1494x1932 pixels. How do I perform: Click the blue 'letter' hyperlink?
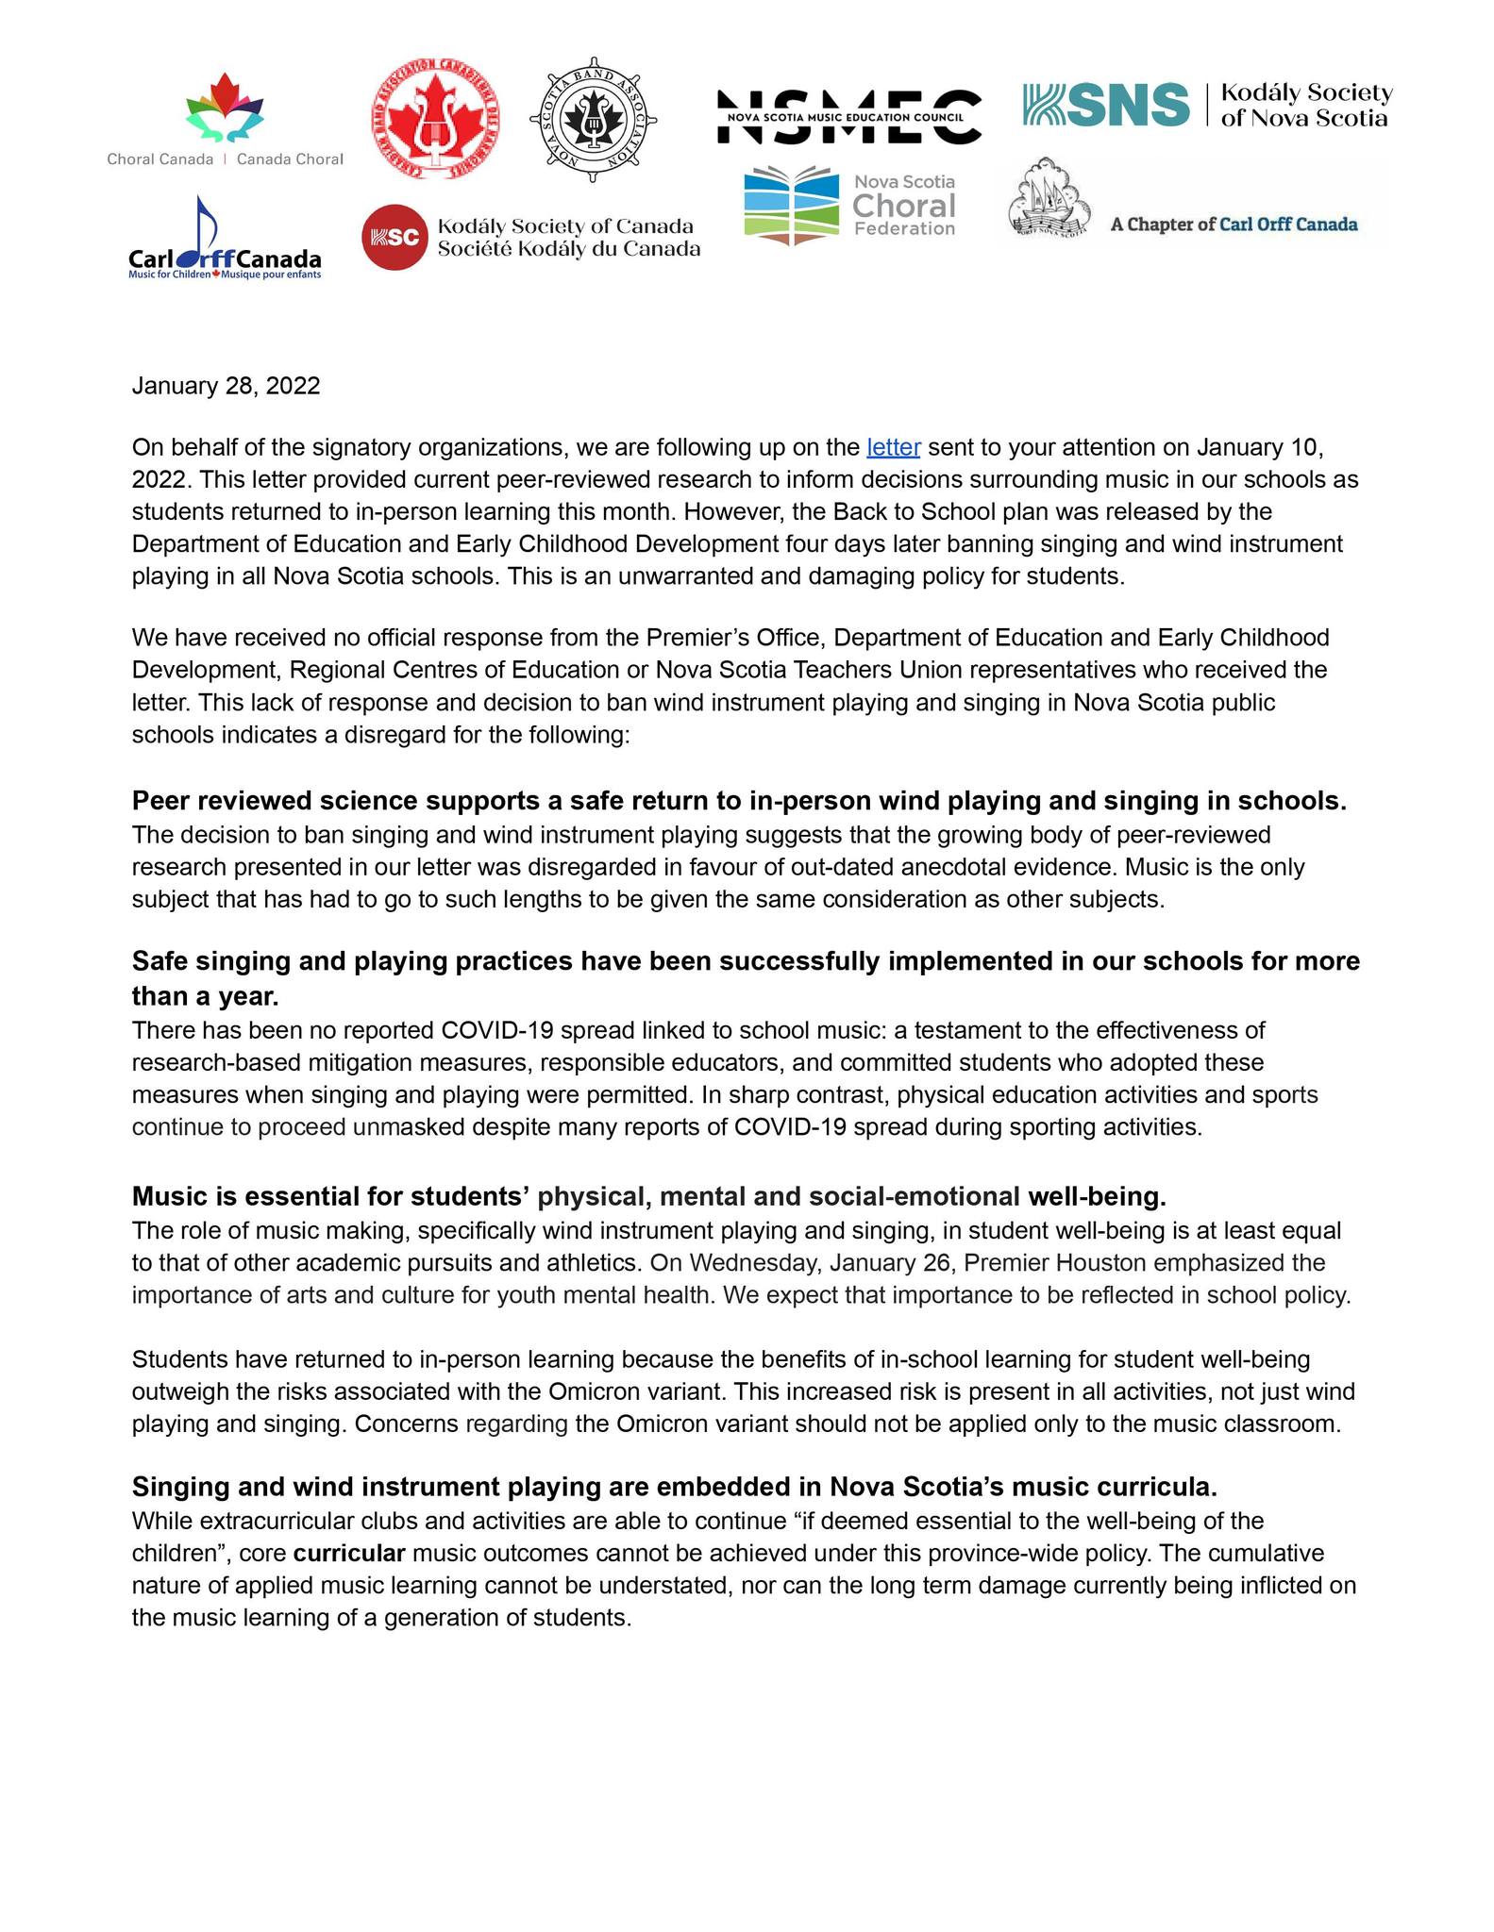[x=893, y=447]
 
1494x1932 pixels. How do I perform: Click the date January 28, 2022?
[x=226, y=386]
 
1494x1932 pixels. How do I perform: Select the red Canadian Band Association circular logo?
[x=435, y=119]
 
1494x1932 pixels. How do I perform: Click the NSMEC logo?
[x=849, y=117]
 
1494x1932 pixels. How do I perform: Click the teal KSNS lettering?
[x=1106, y=105]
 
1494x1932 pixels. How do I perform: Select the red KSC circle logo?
[x=394, y=237]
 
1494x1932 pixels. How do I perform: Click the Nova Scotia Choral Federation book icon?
[x=791, y=205]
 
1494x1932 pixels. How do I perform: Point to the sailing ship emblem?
[x=1049, y=197]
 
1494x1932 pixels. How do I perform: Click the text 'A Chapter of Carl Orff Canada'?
[x=1234, y=225]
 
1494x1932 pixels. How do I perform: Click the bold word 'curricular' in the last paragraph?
[x=349, y=1553]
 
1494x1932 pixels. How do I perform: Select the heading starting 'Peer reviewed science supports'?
[x=738, y=801]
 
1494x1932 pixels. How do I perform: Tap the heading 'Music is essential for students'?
[x=648, y=1196]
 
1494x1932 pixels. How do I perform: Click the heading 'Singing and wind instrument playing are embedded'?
[x=674, y=1487]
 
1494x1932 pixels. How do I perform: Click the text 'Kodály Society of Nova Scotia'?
[x=1305, y=106]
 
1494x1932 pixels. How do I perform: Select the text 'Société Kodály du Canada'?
[x=568, y=249]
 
